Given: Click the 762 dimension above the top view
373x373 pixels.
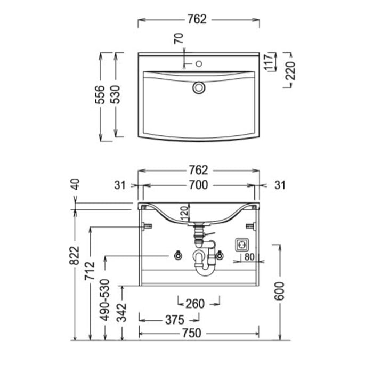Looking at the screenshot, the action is (197, 19).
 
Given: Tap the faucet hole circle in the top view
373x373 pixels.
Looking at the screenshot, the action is (199, 64).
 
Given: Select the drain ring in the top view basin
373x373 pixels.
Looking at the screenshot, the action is (199, 87).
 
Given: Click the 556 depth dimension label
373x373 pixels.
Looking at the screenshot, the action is (100, 94).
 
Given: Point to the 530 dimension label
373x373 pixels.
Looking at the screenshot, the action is (116, 94).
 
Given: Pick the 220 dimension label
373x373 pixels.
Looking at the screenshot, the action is (290, 71).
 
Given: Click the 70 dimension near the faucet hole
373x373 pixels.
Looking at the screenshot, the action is (179, 38).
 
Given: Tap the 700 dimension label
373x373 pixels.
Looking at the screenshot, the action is (198, 185).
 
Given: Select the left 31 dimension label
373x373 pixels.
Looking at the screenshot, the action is (120, 185).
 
